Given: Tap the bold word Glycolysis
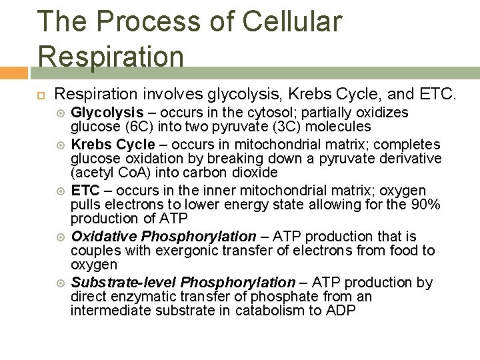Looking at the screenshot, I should pyautogui.click(x=107, y=113).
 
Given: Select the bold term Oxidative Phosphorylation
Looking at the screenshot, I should pyautogui.click(x=163, y=237).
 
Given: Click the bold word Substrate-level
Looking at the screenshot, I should pyautogui.click(x=123, y=283).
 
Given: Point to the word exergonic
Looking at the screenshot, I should pyautogui.click(x=171, y=251).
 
